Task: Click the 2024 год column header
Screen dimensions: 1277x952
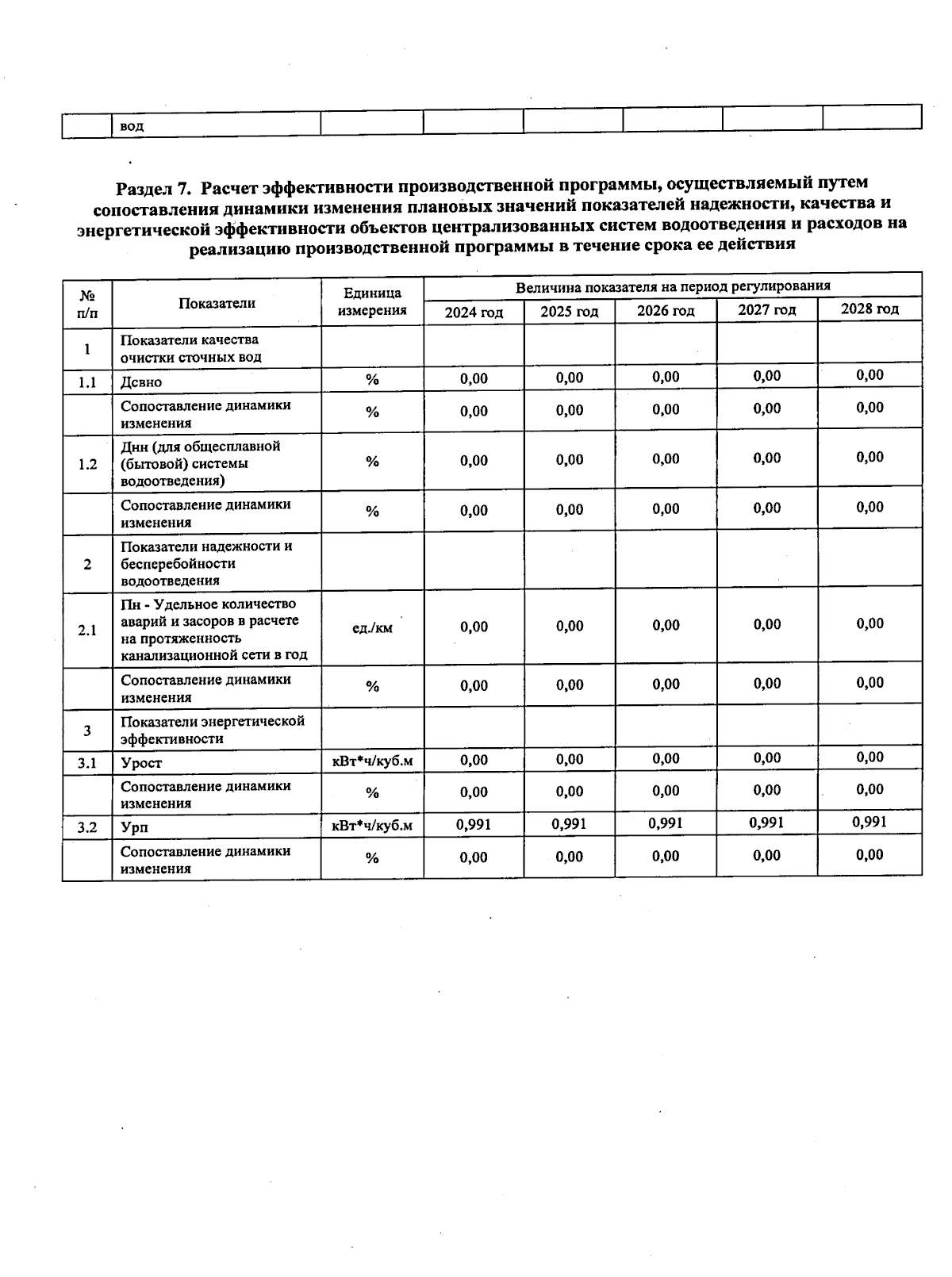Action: pos(474,313)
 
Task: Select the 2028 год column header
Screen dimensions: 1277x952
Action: pos(869,309)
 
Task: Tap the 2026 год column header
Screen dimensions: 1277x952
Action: pos(666,311)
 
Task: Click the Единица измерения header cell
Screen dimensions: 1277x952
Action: pos(372,302)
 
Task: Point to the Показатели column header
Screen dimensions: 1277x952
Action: pos(217,303)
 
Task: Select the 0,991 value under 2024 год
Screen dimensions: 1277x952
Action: pos(474,825)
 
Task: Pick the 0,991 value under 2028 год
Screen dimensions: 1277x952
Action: pos(869,822)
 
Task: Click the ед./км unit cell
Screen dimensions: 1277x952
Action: pos(372,628)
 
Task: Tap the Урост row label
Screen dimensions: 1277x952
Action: pos(141,763)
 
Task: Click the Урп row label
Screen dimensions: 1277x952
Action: pos(135,828)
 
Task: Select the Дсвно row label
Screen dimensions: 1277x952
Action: pos(141,382)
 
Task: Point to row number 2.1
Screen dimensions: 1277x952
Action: pos(87,631)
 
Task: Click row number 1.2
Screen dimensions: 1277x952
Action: pos(87,464)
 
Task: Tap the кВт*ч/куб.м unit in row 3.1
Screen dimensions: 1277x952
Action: pos(372,761)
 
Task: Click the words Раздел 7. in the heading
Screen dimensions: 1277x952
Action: pos(153,189)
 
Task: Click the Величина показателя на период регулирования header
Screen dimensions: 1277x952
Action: pos(673,286)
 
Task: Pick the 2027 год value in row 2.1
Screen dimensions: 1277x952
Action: pos(767,624)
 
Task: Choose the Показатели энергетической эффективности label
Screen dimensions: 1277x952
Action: pos(213,730)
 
